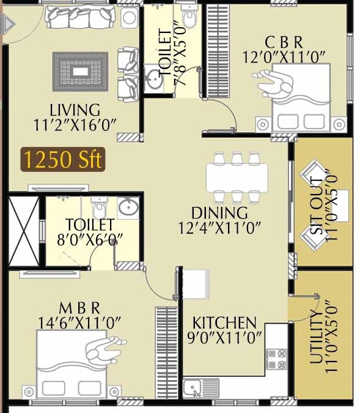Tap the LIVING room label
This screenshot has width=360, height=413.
pyautogui.click(x=75, y=111)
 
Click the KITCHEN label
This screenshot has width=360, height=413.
pyautogui.click(x=224, y=322)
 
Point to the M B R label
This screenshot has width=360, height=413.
pyautogui.click(x=79, y=307)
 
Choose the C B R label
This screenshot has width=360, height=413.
pyautogui.click(x=284, y=42)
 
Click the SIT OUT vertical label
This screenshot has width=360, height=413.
pyautogui.click(x=316, y=205)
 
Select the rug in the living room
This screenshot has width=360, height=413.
pyautogui.click(x=80, y=72)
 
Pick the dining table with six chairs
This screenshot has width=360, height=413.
pyautogui.click(x=236, y=178)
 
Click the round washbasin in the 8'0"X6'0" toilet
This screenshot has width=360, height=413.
pyautogui.click(x=128, y=208)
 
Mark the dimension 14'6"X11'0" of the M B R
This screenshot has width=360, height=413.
pyautogui.click(x=79, y=321)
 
